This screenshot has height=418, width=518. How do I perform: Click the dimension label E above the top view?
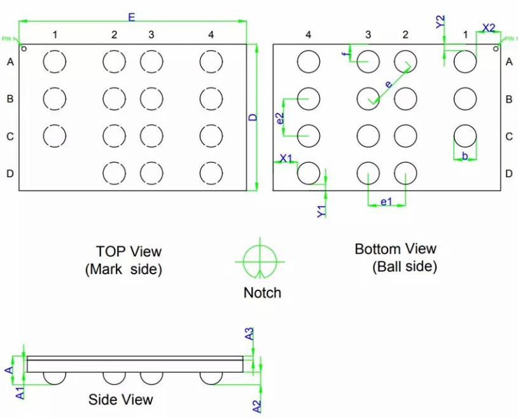click(131, 17)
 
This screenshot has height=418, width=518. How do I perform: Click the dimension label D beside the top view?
click(252, 118)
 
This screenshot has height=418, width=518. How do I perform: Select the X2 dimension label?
click(488, 27)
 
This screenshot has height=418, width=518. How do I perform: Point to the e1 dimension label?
click(386, 202)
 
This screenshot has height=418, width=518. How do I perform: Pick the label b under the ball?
click(465, 155)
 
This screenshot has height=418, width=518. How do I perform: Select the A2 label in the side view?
click(256, 405)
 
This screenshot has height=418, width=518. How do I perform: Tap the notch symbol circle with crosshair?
click(260, 261)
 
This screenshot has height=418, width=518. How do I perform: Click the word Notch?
click(262, 293)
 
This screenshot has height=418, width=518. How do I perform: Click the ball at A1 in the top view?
click(55, 62)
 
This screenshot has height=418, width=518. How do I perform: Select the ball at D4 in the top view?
click(211, 172)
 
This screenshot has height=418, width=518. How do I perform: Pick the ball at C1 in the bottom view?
click(465, 136)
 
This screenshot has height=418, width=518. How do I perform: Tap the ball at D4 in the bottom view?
click(309, 172)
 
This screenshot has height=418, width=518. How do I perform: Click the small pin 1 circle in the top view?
click(24, 47)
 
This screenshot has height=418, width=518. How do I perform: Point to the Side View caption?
click(120, 399)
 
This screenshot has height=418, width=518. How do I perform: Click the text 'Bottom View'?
click(395, 249)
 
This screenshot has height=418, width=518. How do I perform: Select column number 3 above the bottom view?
click(368, 34)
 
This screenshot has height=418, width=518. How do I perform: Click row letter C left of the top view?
click(10, 136)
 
